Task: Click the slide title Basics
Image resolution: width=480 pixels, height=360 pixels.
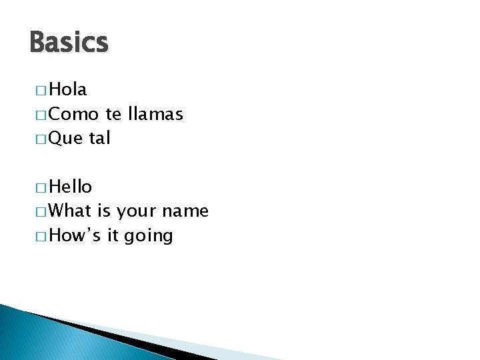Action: [69, 43]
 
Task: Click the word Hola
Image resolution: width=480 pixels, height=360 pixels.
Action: [68, 89]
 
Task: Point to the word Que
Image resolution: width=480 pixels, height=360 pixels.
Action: [65, 139]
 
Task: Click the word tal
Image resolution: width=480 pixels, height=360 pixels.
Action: [99, 138]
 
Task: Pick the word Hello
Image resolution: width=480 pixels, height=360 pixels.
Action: [71, 187]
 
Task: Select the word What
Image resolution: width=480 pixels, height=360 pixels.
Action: [70, 211]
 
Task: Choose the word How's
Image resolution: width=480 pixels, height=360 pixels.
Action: [74, 235]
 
